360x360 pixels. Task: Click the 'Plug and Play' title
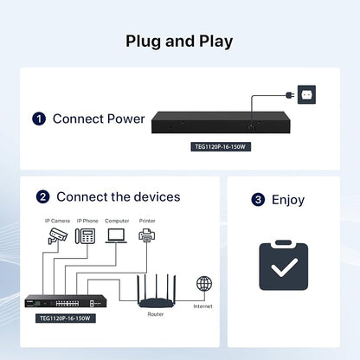pos(179,42)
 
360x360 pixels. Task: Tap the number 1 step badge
pos(39,119)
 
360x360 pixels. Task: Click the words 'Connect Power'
pos(99,119)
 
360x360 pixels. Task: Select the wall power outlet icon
pos(306,94)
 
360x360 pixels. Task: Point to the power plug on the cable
pos(290,95)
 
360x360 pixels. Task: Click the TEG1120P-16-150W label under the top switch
pos(221,147)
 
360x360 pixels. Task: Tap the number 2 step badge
pos(42,197)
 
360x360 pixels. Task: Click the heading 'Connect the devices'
pos(119,197)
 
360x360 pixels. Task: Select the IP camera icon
pos(58,235)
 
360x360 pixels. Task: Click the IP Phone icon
pos(86,236)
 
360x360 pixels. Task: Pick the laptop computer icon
pos(116,235)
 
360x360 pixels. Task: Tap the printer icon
pos(147,235)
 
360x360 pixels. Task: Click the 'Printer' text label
pos(147,221)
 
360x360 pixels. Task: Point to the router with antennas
pos(157,292)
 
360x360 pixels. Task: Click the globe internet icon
pos(204,284)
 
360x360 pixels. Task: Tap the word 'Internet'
pos(202,306)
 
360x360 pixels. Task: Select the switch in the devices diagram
pos(66,301)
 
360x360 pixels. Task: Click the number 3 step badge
pos(258,200)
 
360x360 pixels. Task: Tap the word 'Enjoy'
pos(288,200)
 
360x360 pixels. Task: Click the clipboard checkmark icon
pos(284,265)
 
